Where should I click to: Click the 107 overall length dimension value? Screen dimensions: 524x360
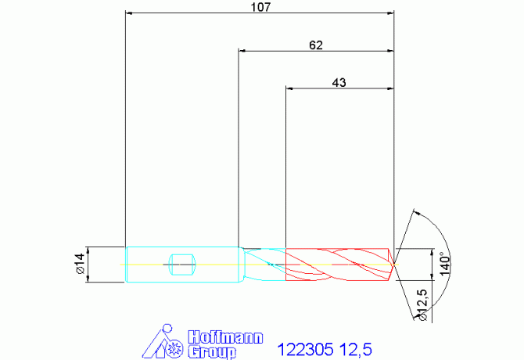[260, 7]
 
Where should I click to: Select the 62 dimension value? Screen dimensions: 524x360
[316, 45]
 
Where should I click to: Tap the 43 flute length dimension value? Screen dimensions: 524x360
[339, 82]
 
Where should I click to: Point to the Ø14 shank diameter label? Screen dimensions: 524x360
[81, 264]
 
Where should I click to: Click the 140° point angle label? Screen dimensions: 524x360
[445, 264]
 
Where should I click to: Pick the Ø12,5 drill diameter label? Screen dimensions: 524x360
[422, 305]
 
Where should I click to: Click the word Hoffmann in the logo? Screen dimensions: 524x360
[225, 337]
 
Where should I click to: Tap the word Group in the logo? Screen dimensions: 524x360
[212, 352]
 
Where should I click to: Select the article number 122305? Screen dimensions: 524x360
[306, 350]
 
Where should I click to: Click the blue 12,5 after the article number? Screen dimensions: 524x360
[356, 350]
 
